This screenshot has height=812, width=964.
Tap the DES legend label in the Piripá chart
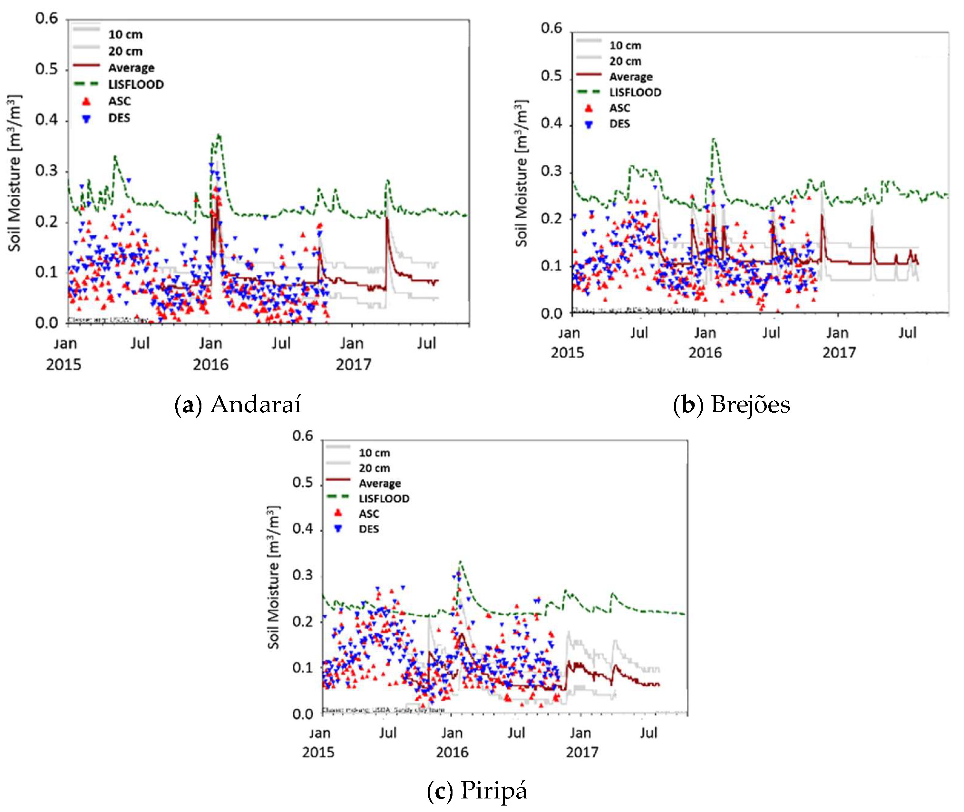pyautogui.click(x=369, y=529)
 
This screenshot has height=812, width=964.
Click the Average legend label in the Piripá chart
pyautogui.click(x=380, y=483)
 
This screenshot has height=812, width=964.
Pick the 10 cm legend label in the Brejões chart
pyautogui.click(x=625, y=45)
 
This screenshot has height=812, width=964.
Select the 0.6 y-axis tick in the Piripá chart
pyautogui.click(x=303, y=435)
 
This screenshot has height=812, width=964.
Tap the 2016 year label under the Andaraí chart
pyautogui.click(x=210, y=365)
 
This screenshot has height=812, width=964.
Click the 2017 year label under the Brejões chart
pyautogui.click(x=839, y=353)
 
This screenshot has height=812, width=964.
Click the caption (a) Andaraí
pyautogui.click(x=238, y=404)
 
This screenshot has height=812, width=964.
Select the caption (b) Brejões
pyautogui.click(x=731, y=404)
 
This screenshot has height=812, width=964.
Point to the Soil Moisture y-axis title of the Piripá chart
pyautogui.click(x=273, y=578)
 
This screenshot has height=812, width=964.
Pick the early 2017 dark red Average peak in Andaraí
pyautogui.click(x=387, y=219)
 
